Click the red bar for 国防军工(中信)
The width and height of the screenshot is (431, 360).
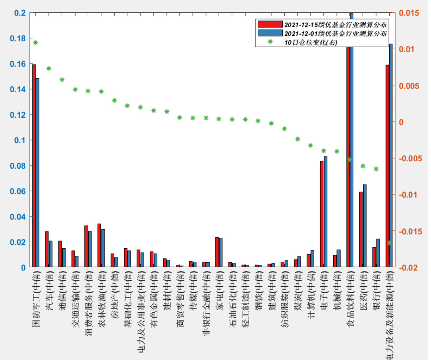click(34, 166)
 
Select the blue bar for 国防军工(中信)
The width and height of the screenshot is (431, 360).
click(37, 173)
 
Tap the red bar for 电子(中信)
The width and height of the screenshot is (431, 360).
click(321, 214)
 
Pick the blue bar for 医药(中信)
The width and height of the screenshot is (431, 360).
click(365, 225)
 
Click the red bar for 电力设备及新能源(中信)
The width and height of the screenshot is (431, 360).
click(387, 166)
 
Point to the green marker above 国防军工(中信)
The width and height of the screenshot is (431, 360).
click(35, 43)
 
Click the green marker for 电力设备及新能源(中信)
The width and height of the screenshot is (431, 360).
click(389, 243)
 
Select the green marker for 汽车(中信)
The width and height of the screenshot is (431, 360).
click(49, 69)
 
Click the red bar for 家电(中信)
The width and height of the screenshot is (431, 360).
click(217, 252)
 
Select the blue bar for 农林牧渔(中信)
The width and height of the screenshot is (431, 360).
click(103, 248)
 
